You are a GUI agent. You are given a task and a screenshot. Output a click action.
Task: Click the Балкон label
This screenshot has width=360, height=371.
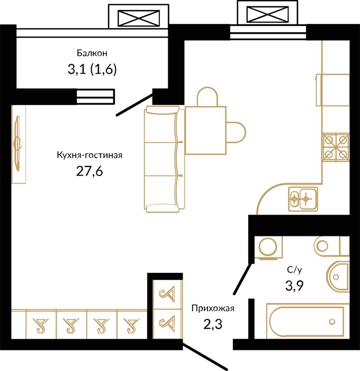pyautogui.click(x=92, y=53)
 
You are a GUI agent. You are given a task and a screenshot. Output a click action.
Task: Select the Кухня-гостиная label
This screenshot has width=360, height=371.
pyautogui.click(x=89, y=155)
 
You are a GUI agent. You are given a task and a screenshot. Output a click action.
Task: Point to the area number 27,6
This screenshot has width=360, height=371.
pyautogui.click(x=89, y=171)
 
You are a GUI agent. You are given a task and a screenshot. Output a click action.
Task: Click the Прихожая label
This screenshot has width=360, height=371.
pyautogui.click(x=213, y=308)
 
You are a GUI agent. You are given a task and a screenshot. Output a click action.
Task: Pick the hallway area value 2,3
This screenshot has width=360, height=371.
pyautogui.click(x=213, y=324)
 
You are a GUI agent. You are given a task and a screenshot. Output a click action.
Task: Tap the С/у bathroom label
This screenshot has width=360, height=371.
pyautogui.click(x=294, y=270)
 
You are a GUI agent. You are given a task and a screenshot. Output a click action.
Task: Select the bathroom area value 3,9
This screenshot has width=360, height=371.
pyautogui.click(x=294, y=286)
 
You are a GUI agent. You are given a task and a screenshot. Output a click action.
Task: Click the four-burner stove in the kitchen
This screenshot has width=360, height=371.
pyautogui.click(x=336, y=147)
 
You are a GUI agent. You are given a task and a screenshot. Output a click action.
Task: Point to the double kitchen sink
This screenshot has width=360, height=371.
pyautogui.click(x=303, y=199)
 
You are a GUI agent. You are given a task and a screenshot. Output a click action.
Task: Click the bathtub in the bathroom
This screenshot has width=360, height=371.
pyautogui.click(x=308, y=321)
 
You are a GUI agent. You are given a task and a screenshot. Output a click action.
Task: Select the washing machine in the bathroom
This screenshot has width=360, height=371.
pyautogui.click(x=268, y=248)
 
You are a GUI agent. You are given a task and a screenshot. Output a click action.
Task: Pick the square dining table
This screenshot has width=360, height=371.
pyautogui.click(x=205, y=130)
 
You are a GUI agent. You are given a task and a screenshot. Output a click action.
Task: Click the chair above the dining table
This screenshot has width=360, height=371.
pyautogui.click(x=208, y=96)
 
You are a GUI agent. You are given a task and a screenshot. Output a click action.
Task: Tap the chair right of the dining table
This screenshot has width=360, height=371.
pyautogui.click(x=236, y=132)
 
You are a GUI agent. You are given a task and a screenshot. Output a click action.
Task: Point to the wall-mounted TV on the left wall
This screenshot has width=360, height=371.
pyautogui.click(x=18, y=143)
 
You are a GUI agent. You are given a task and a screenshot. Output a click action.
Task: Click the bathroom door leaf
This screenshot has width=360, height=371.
pyautogui.click(x=243, y=279)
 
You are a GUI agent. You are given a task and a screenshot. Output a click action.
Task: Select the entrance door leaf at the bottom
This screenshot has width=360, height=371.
pyautogui.click(x=205, y=355)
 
